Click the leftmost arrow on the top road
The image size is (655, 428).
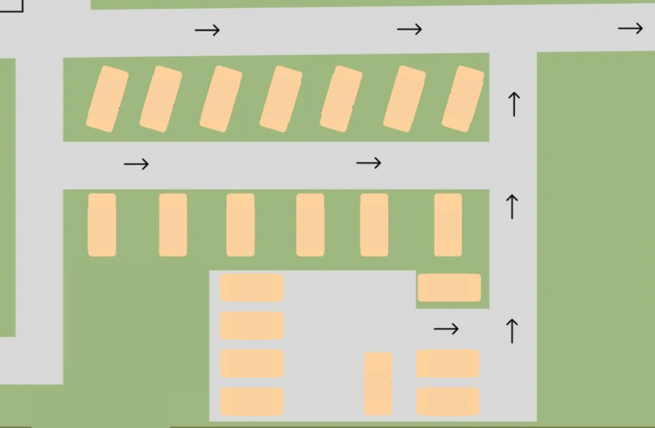207,31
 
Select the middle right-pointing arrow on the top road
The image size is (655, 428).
409,30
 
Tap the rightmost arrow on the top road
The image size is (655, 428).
630,29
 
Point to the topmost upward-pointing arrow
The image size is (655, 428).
514,103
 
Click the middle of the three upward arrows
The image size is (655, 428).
512,207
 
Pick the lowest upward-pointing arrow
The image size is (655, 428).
512,331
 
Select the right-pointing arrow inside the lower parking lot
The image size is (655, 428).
446,329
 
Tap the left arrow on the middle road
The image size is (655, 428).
136,164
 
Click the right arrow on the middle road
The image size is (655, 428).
369,163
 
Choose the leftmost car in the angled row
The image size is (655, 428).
108,99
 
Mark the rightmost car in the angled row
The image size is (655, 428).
463,99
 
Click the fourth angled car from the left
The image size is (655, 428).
281,99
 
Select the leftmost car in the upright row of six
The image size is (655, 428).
102,225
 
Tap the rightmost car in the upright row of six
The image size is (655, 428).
448,225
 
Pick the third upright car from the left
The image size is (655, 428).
240,225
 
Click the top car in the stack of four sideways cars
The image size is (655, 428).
252,288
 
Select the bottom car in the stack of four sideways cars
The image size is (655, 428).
252,401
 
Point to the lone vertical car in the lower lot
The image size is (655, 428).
378,383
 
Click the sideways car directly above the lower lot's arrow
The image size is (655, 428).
449,287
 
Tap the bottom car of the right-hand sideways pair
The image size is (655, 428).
448,401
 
